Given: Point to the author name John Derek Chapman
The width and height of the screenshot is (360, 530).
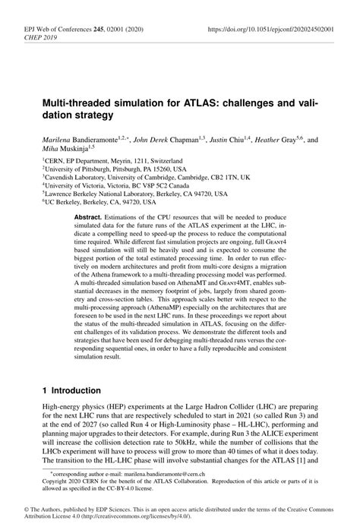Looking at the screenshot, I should [x=172, y=140].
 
